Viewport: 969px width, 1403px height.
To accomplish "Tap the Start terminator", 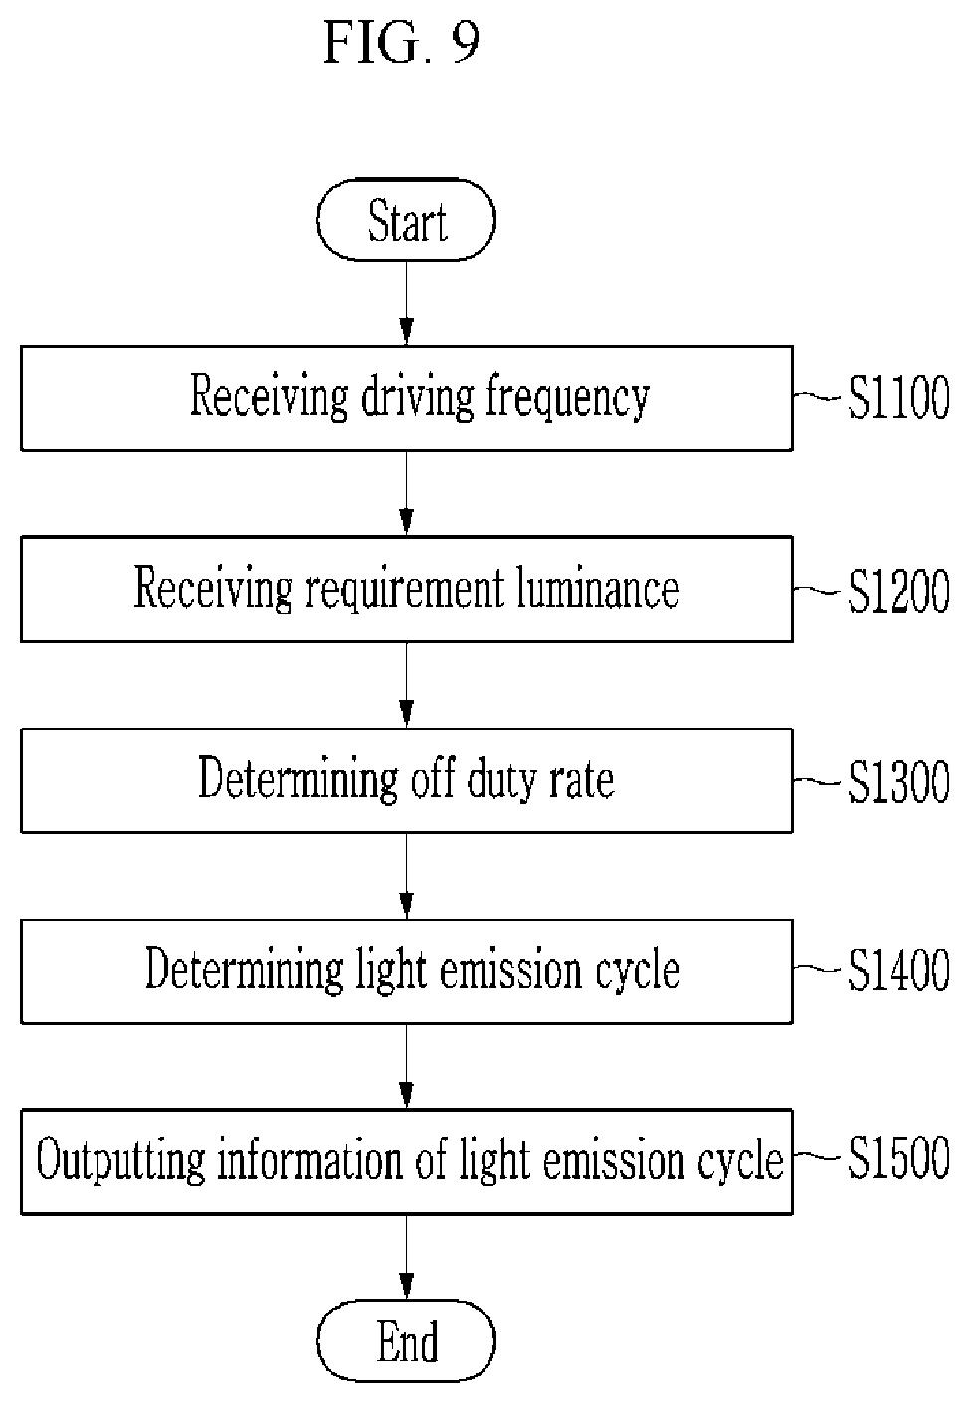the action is (406, 220).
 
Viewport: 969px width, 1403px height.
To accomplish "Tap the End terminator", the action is (406, 1341).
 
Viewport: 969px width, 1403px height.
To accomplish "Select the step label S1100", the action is (898, 397).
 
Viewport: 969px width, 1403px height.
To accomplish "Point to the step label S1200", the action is (898, 590).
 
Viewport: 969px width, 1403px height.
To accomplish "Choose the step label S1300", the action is (898, 781).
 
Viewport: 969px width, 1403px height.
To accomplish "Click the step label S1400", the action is (898, 970).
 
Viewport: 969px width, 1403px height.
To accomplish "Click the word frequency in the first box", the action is (568, 399).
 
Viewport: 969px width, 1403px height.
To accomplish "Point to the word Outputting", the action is (120, 1160).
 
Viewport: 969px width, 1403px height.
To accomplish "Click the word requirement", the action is (405, 590).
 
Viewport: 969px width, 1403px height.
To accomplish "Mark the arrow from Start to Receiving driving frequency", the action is (406, 303).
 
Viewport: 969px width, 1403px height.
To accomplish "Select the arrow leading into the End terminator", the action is (406, 1257).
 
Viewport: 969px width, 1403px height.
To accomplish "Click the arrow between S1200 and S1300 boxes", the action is (406, 686).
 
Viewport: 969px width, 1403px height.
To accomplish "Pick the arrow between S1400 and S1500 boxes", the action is (406, 1067).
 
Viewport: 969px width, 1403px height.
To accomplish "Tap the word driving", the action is (418, 399).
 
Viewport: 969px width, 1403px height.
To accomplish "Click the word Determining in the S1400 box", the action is (245, 969).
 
